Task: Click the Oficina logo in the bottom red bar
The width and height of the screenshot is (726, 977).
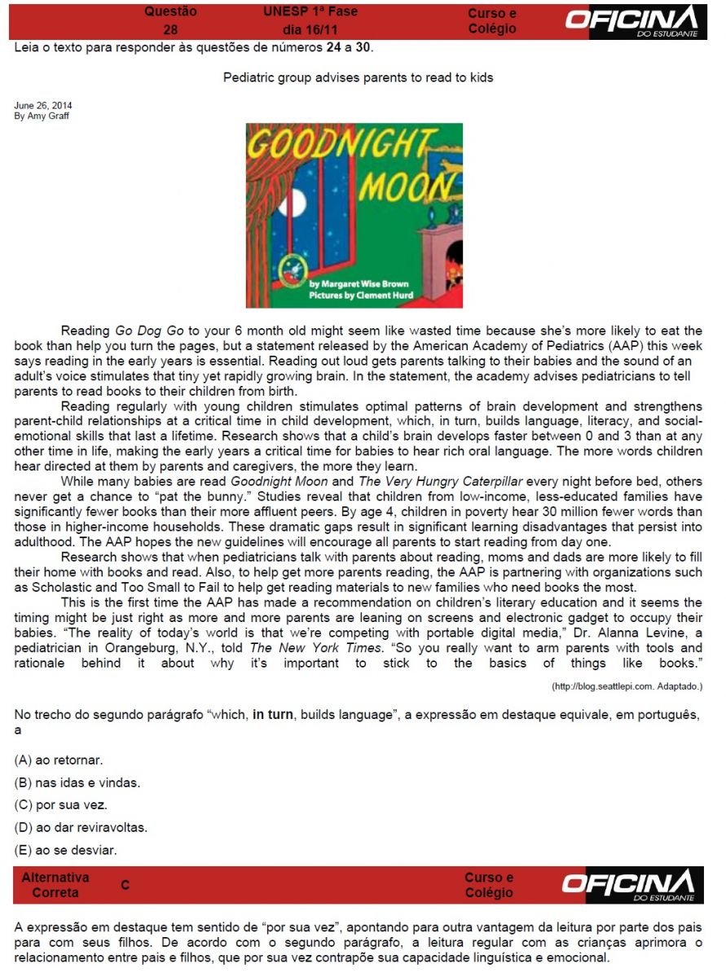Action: pos(632,885)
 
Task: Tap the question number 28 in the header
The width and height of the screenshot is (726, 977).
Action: pos(170,29)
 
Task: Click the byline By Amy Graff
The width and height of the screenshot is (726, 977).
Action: pos(42,116)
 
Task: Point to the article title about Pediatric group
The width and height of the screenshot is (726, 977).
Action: pos(358,78)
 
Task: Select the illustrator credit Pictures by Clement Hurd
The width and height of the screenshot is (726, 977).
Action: pos(361,296)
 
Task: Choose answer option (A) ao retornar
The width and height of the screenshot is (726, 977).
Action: pos(59,760)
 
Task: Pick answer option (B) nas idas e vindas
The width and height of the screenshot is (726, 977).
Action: pos(77,783)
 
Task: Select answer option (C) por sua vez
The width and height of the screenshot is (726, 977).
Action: pos(61,805)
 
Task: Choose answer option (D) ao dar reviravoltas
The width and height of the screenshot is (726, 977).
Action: pos(81,828)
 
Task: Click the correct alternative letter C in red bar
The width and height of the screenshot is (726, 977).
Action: pos(125,884)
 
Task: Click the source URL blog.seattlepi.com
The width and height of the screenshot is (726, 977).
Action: pos(627,687)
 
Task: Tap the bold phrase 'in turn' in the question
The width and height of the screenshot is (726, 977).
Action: pos(273,715)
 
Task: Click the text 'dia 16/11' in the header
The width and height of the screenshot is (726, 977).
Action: pos(310,29)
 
